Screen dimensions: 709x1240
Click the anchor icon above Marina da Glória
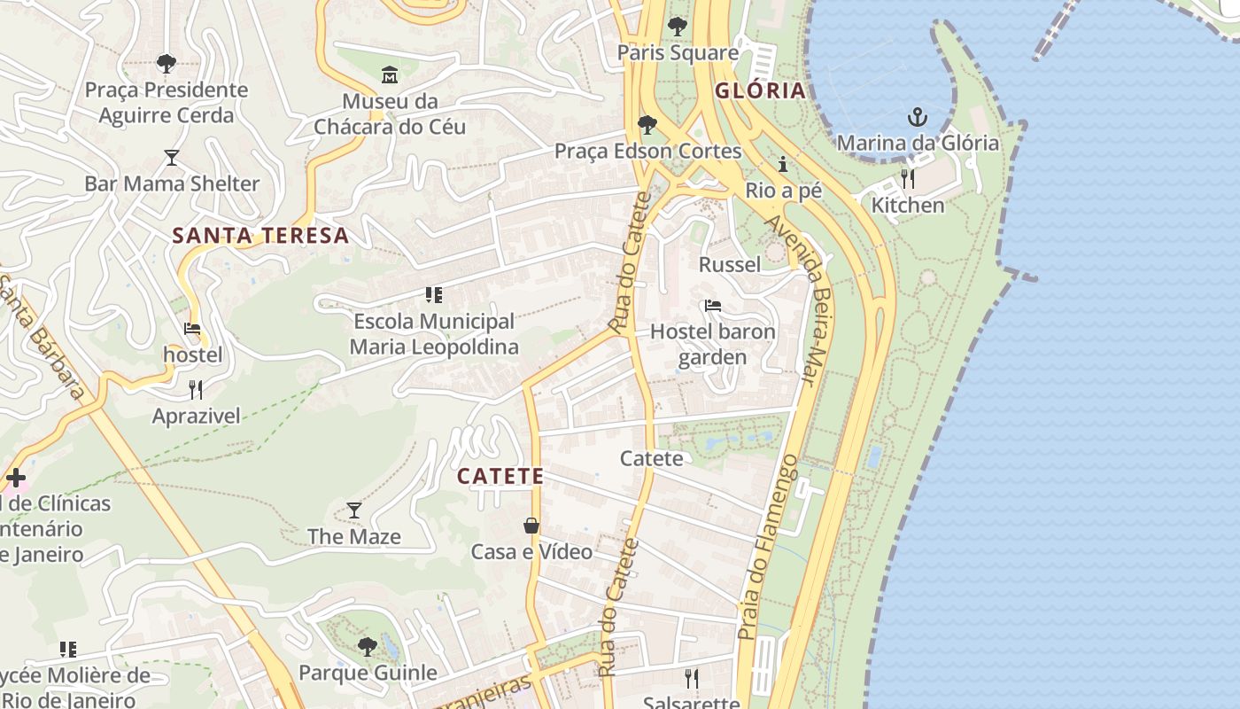pos(918,117)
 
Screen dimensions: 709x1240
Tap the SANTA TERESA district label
pos(260,236)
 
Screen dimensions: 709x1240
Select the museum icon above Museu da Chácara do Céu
pos(390,75)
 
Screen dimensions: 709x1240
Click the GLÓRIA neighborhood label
pos(760,90)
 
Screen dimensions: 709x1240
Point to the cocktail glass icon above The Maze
pos(354,510)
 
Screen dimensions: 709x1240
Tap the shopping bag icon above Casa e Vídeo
pos(531,526)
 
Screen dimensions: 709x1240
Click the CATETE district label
pos(500,476)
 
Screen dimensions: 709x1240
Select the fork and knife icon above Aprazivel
pos(196,390)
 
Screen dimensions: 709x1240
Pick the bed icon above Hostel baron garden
pos(713,307)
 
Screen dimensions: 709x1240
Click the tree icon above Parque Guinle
pos(368,646)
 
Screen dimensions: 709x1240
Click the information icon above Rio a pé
pos(783,165)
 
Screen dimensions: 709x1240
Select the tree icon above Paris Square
pos(678,27)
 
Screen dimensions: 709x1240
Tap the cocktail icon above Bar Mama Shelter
pos(172,158)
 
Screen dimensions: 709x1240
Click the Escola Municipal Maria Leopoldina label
pos(434,334)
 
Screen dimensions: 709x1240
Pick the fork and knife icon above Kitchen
pos(908,180)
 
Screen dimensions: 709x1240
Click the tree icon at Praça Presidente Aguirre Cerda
pos(166,64)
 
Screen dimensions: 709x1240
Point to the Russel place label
pos(730,264)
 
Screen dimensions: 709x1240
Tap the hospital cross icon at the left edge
pos(15,479)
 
